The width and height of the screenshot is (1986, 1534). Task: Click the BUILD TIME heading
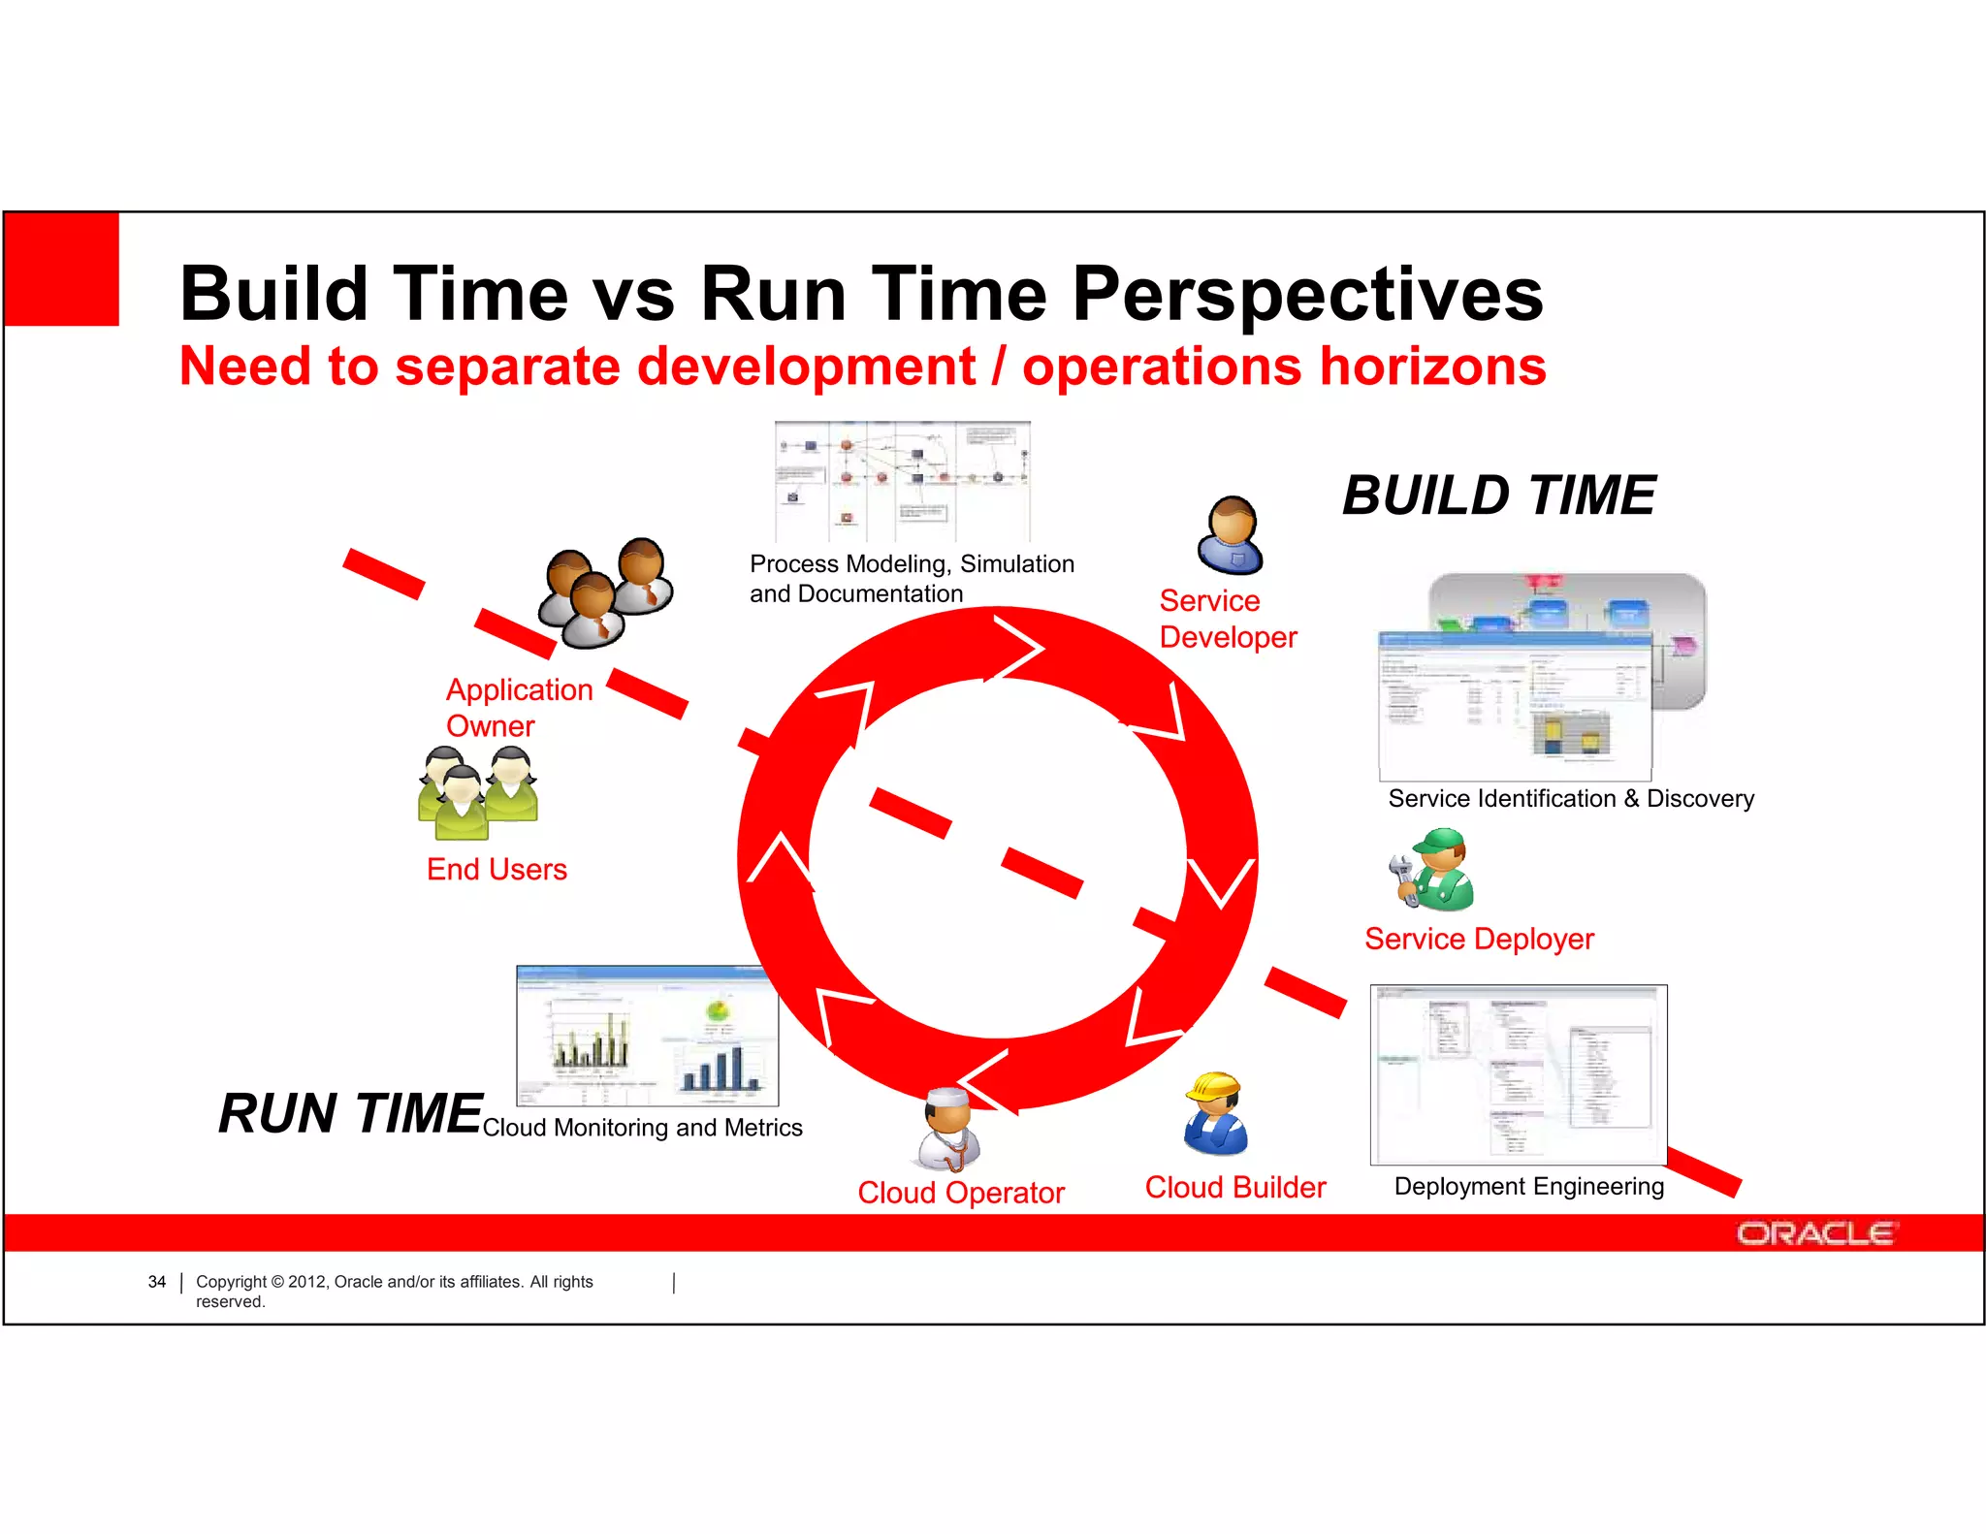coord(1498,495)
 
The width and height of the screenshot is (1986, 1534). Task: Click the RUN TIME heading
coord(349,1113)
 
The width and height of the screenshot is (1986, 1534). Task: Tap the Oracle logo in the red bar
coord(1813,1233)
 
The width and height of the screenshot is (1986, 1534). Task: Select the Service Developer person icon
coord(1231,535)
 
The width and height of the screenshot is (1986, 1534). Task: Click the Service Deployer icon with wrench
coord(1433,869)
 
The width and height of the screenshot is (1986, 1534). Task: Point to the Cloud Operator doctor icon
coord(947,1129)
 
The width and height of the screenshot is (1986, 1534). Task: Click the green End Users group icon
coord(478,792)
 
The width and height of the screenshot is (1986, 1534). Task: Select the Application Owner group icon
coord(605,591)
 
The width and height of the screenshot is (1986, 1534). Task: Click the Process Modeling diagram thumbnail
coord(902,481)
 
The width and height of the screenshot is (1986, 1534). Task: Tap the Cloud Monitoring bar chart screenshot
coord(647,1036)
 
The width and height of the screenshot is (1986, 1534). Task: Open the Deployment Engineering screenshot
coord(1518,1074)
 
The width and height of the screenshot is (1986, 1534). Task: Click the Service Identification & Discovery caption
coord(1570,799)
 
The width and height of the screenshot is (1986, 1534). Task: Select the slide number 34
coord(156,1282)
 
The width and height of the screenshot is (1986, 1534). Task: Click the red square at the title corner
coord(62,269)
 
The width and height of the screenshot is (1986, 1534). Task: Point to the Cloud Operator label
coord(960,1193)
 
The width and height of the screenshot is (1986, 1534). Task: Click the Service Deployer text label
coord(1478,939)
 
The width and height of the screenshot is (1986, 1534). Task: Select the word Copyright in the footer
coord(231,1282)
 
